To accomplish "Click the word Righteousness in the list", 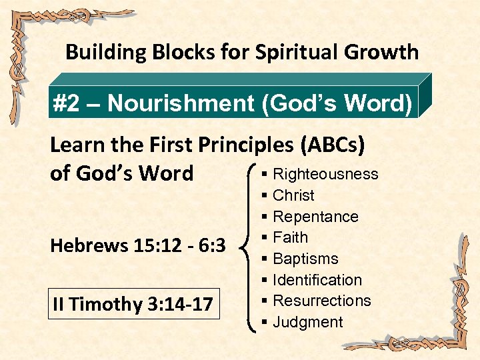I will (x=325, y=175).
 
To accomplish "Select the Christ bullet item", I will (x=293, y=196).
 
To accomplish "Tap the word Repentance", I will (x=315, y=217).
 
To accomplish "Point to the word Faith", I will (x=290, y=238).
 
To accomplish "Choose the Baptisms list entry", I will (x=305, y=259).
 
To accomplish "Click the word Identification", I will (x=317, y=281).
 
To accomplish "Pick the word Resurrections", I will (x=322, y=301).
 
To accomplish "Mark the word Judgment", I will (x=308, y=323).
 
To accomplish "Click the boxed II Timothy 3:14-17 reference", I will (x=133, y=305).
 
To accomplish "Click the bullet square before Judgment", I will (x=265, y=323).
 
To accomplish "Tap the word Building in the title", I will (x=99, y=52).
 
